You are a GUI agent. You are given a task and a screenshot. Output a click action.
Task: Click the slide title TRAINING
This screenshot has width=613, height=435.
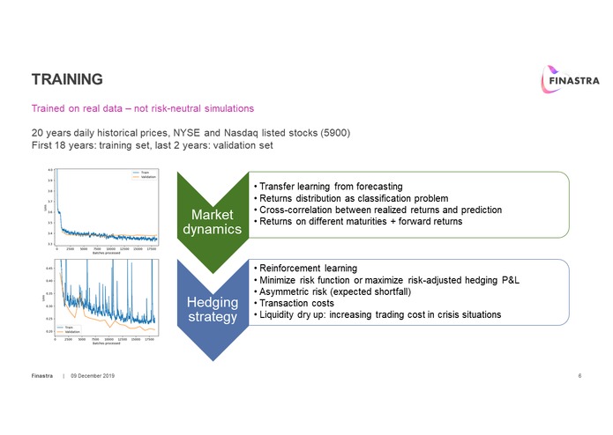[68, 79]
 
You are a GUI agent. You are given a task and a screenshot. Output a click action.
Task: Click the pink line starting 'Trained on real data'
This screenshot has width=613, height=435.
[143, 108]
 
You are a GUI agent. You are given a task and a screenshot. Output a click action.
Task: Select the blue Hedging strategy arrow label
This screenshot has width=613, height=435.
[212, 309]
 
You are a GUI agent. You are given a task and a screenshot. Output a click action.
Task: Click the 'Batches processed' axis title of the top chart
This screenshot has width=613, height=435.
[106, 254]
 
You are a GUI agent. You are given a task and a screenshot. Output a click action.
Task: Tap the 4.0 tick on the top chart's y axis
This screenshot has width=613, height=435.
[49, 170]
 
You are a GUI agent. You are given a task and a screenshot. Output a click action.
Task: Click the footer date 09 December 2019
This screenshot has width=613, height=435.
[93, 376]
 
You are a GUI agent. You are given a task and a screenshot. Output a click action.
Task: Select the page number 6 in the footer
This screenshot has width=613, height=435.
[579, 376]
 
